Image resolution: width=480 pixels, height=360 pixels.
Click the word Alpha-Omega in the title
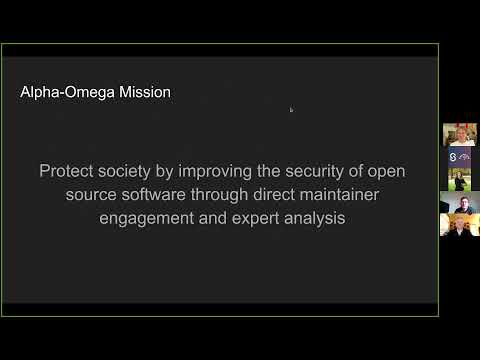tap(63, 92)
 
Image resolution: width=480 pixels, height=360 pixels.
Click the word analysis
tap(316, 219)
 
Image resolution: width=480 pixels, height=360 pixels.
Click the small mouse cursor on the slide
tap(291, 110)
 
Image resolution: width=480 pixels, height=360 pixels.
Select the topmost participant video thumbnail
tap(460, 135)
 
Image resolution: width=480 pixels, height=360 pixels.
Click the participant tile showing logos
tap(460, 157)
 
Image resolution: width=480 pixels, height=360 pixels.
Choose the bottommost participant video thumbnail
tap(460, 225)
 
